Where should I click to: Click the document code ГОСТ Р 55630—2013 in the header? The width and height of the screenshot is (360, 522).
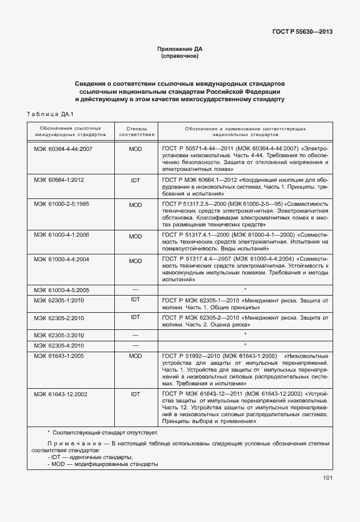pyautogui.click(x=302, y=31)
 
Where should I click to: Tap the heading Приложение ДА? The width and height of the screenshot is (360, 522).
pyautogui.click(x=179, y=49)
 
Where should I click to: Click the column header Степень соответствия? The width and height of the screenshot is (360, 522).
pyautogui.click(x=135, y=133)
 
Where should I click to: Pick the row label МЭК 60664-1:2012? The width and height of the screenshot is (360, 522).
pyautogui.click(x=59, y=180)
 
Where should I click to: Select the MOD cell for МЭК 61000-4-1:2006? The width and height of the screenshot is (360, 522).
pyautogui.click(x=135, y=236)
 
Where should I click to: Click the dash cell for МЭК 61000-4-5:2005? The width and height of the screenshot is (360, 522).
pyautogui.click(x=135, y=290)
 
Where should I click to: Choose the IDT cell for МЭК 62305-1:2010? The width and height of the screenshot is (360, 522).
pyautogui.click(x=135, y=300)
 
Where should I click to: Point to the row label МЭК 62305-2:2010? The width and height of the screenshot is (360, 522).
pyautogui.click(x=59, y=318)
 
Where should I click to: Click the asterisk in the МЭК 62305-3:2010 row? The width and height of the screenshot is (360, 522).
pyautogui.click(x=245, y=334)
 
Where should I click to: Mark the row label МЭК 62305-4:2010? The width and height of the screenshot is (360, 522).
pyautogui.click(x=59, y=346)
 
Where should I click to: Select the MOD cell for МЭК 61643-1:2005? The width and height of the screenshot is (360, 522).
pyautogui.click(x=135, y=356)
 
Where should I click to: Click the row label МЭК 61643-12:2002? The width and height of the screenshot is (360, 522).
pyautogui.click(x=61, y=394)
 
